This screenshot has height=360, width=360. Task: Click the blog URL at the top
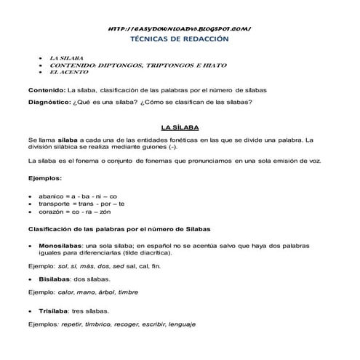click(x=179, y=28)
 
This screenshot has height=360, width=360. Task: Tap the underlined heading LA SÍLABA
click(x=180, y=126)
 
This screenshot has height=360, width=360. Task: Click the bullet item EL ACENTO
click(x=68, y=72)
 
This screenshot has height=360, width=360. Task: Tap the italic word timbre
click(x=128, y=292)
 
